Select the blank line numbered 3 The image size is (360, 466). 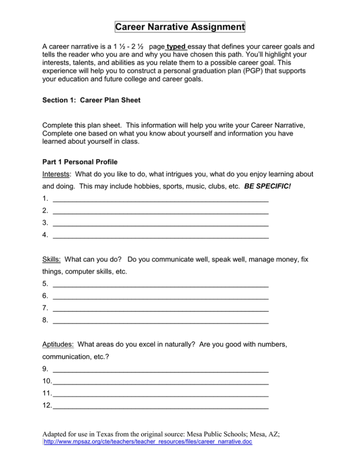(161, 224)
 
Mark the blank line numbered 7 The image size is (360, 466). (161, 308)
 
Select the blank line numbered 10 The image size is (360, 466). (161, 381)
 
